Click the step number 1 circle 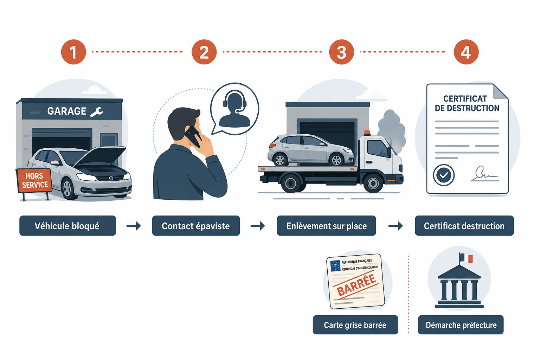[73, 52]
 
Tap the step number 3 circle [341, 52]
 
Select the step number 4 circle [466, 52]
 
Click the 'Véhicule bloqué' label [67, 226]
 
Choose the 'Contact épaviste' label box [196, 226]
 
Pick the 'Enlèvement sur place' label [326, 226]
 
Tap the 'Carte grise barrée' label [355, 325]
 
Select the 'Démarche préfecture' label [461, 325]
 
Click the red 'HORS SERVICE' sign [34, 180]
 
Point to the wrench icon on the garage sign [97, 112]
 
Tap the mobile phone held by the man [193, 137]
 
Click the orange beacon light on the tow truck [367, 133]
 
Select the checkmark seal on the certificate [444, 175]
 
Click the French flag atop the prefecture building [465, 258]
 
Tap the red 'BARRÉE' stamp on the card [356, 285]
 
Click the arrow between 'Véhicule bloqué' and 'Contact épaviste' [134, 226]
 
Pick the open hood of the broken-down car [100, 156]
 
